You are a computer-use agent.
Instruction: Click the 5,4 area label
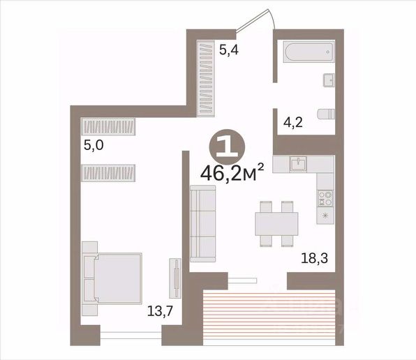229,50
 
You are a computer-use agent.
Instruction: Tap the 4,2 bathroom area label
293,123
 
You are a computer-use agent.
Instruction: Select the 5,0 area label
94,145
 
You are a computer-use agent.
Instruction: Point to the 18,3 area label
314,258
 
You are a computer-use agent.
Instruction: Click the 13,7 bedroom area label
160,310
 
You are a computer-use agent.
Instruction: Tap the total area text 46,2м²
232,173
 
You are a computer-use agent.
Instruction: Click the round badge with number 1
228,147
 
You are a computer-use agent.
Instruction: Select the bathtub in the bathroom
309,52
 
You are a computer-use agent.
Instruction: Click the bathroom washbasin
329,80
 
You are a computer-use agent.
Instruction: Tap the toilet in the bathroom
327,114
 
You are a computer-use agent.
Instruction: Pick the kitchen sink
298,164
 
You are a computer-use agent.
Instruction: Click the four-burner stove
325,199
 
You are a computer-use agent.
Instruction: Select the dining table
276,224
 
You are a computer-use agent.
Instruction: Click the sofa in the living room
202,224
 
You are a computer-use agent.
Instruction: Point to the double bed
112,278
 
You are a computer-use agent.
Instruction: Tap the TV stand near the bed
175,278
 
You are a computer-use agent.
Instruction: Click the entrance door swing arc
272,18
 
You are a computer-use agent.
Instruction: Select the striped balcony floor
269,318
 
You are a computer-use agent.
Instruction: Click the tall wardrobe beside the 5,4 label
205,78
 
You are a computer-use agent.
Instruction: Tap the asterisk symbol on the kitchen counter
325,216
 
